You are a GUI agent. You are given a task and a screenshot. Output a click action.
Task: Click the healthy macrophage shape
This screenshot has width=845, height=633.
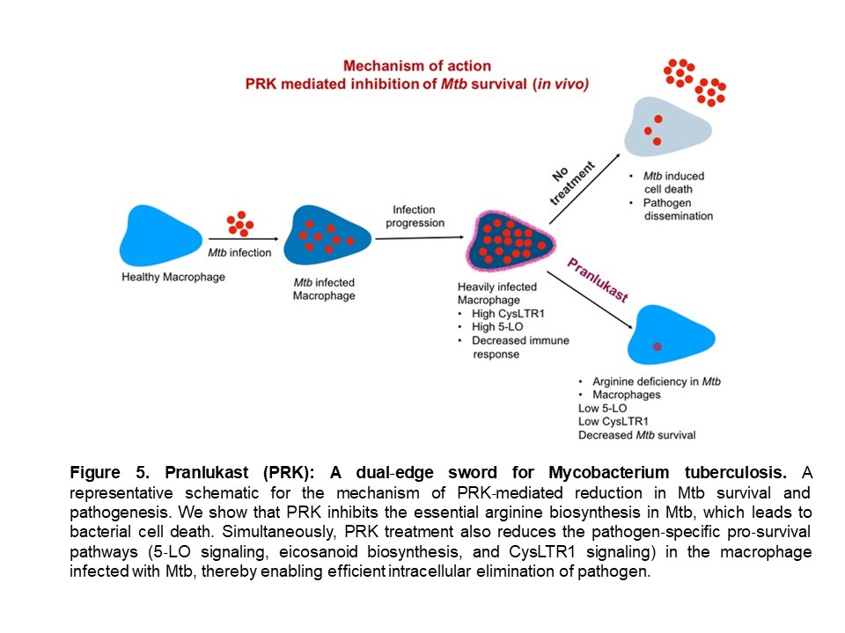coord(159,236)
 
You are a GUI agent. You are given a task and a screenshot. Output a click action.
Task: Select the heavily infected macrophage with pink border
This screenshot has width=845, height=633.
coord(510,241)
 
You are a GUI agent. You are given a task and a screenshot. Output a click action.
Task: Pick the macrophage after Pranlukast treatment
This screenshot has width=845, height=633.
coord(670,335)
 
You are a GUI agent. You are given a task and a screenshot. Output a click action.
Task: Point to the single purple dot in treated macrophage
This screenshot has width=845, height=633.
coord(657,346)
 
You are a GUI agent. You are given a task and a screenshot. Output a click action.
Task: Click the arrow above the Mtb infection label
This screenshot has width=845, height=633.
coord(244,238)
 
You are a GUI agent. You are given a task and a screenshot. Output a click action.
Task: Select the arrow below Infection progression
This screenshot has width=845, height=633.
coord(419,237)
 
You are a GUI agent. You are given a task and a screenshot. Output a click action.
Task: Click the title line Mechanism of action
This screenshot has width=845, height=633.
coord(417,66)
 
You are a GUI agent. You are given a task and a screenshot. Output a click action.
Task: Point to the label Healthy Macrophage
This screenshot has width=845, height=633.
coord(173,277)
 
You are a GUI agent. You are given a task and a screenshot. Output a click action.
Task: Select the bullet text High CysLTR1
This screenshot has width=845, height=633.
coord(508,313)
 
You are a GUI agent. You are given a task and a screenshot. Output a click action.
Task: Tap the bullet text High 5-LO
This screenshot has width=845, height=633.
coord(497,327)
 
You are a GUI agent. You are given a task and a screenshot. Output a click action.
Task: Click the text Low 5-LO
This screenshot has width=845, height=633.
coord(602,408)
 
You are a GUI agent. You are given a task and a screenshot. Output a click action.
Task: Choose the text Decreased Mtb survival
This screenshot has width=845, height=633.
coord(637,435)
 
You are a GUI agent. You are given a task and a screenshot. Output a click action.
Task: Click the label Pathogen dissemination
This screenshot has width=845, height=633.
coord(678,209)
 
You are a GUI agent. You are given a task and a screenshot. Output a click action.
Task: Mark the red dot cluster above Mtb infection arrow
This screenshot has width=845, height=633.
coord(239,224)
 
